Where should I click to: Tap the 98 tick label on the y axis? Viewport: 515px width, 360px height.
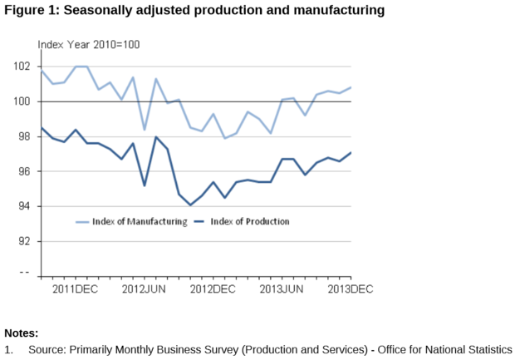coord(26,136)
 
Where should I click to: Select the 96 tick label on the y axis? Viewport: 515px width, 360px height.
coord(26,171)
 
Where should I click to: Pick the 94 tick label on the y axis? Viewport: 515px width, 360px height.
coord(26,206)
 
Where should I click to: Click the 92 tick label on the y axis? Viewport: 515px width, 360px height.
coord(26,241)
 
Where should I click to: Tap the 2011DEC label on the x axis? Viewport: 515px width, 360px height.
coord(76,288)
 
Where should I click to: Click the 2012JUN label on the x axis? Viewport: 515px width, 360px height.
coord(145,288)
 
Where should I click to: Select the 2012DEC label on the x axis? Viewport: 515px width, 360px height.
coord(213,288)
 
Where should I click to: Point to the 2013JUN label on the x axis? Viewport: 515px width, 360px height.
coord(282,288)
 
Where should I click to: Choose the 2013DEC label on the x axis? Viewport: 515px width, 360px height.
coord(350,288)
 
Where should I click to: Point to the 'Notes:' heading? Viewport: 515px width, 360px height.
coord(22,333)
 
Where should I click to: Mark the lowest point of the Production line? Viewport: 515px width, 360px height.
coord(190,205)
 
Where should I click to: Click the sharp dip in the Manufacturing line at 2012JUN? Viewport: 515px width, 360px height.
coord(145,129)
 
